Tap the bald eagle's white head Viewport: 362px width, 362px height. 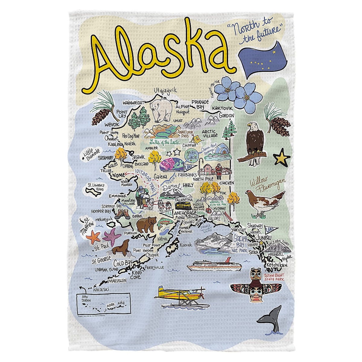251,127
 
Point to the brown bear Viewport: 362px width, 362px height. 146,225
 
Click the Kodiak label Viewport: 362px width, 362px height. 185,245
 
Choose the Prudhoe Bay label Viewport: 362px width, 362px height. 200,104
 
